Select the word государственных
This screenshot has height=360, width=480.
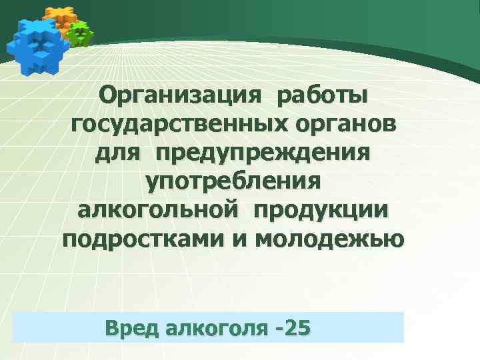pos(175,126)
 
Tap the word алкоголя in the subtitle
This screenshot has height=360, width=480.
pos(213,328)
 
